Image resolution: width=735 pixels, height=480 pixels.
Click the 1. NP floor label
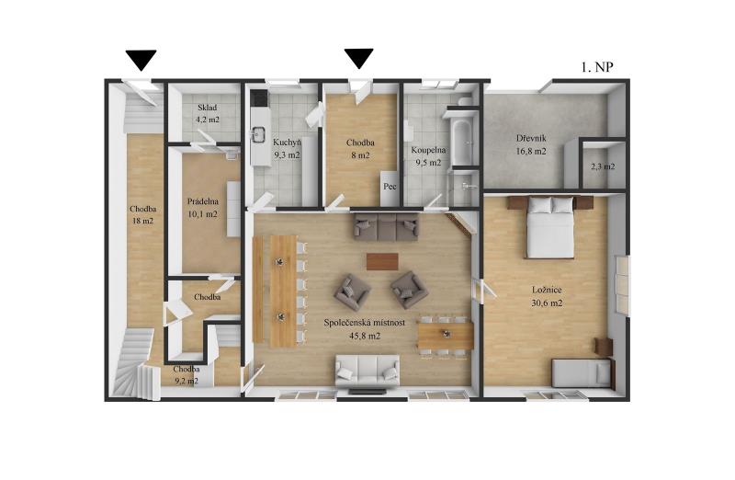[x=597, y=67]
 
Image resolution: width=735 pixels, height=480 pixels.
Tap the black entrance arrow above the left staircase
[x=141, y=60]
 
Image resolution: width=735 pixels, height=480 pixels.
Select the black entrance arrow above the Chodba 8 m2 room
[x=359, y=58]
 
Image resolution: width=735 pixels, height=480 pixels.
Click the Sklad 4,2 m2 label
[x=208, y=113]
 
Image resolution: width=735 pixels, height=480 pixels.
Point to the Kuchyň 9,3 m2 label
[x=287, y=148]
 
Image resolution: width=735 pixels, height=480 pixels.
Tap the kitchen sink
[x=258, y=134]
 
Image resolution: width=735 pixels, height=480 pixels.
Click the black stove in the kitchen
[x=258, y=98]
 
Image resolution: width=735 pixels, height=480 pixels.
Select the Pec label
[x=390, y=187]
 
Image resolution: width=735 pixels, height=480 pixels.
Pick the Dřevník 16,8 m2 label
[x=531, y=144]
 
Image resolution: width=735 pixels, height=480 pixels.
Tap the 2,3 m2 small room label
[x=603, y=166]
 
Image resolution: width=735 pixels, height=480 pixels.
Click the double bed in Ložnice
[x=550, y=226]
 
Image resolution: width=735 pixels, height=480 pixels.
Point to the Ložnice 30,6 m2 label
[x=547, y=296]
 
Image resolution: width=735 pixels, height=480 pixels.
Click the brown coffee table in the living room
[x=382, y=261]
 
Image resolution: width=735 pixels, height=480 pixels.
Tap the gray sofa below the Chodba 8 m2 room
[x=386, y=226]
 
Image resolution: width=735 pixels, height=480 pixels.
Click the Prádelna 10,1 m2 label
[x=203, y=208]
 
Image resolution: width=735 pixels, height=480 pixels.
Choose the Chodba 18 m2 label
[x=143, y=214]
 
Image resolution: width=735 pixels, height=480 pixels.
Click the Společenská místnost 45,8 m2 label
[x=365, y=329]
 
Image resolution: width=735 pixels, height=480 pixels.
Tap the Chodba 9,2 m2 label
[x=187, y=375]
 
